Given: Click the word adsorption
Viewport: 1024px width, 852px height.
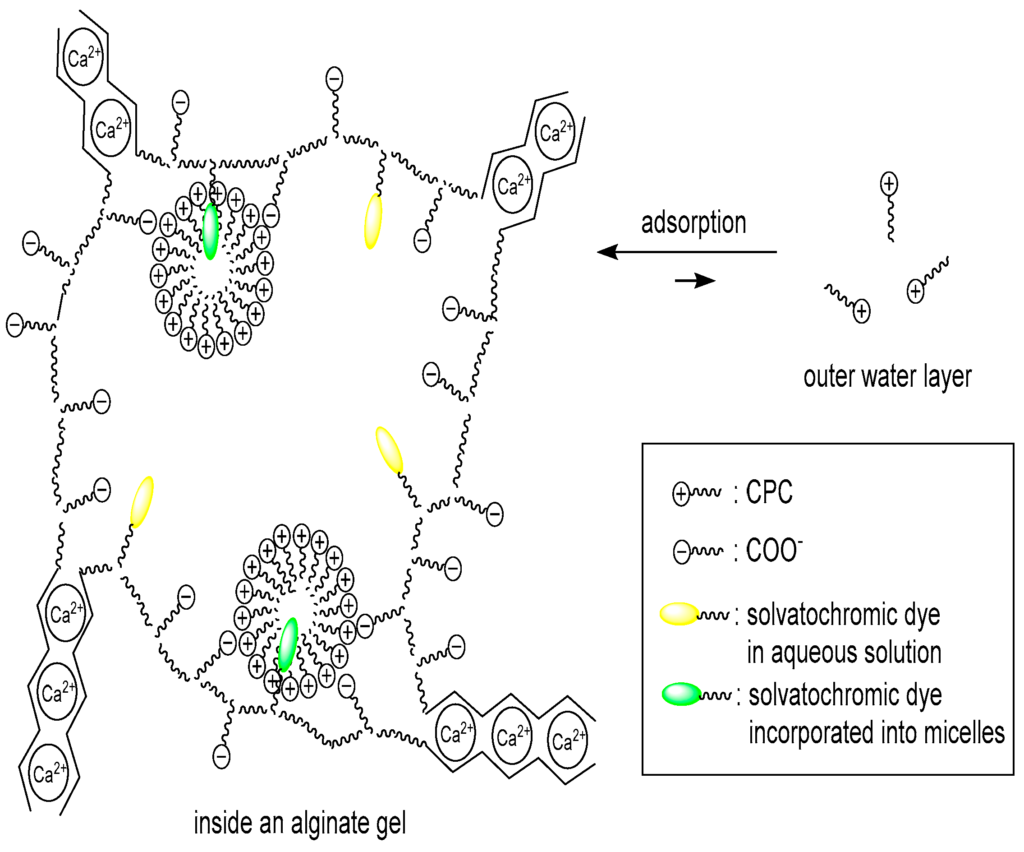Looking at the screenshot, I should pos(693,223).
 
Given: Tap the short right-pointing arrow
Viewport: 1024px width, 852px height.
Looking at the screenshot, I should pos(695,280).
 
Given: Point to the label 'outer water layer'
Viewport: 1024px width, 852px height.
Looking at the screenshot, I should pos(887,377).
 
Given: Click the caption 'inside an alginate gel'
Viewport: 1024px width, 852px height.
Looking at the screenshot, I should pos(299,823).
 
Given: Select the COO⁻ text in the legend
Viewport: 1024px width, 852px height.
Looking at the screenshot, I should pos(774,551).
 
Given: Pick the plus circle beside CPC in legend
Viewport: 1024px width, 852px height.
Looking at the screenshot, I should pos(681,493).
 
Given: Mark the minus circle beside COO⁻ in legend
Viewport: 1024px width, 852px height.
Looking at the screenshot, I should pos(681,552).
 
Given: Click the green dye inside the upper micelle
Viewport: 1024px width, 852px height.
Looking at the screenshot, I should pos(211,232).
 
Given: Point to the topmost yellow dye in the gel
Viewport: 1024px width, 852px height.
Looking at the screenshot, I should pos(373,221).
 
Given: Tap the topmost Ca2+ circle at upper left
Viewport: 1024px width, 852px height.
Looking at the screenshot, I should pos(83,56).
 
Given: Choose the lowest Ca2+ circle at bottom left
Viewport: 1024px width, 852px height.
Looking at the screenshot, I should pos(49,773).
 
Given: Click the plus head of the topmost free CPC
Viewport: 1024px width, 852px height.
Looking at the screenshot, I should pos(889,184).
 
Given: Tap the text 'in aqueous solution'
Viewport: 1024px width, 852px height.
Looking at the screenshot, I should pos(844,653).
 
